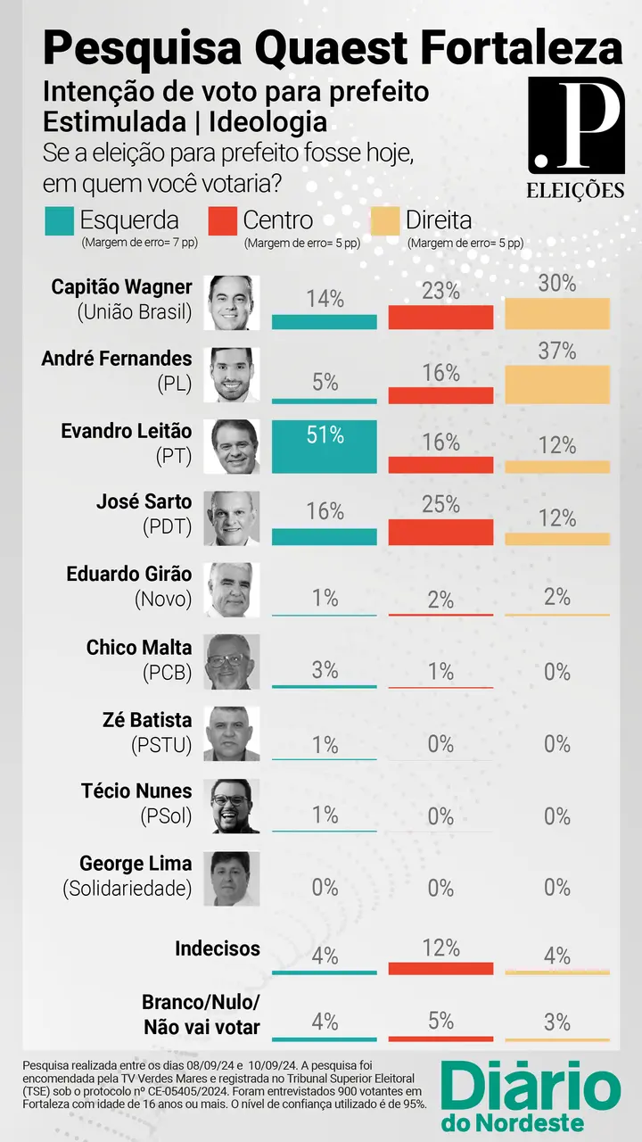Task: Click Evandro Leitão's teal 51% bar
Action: (325, 446)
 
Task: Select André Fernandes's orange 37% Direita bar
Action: (557, 385)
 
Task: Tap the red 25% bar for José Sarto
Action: (440, 531)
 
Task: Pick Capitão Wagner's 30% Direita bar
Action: (557, 314)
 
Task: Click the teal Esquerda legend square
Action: (59, 220)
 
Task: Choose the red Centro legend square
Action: (222, 220)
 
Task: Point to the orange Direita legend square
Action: (384, 220)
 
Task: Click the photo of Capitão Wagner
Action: (233, 302)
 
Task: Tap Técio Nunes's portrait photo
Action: (233, 806)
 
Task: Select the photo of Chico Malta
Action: (233, 662)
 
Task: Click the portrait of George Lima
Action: (233, 878)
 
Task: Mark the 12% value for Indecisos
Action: (441, 948)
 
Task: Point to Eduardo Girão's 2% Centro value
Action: (441, 600)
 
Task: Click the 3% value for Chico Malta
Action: (325, 670)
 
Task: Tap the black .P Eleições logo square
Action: (575, 125)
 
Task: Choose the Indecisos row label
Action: (217, 948)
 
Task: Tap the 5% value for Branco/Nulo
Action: (441, 1020)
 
